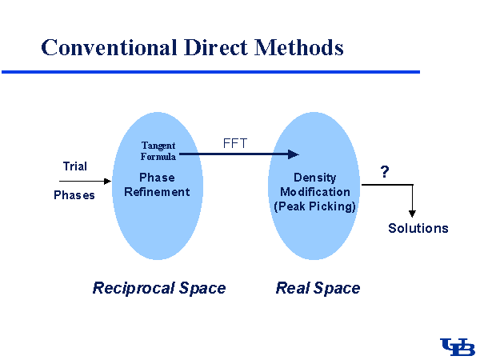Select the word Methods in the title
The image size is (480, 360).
click(x=298, y=47)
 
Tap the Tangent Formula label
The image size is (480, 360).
click(x=158, y=151)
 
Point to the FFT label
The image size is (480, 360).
click(x=235, y=144)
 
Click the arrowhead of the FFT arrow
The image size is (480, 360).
click(x=294, y=154)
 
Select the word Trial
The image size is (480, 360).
click(x=75, y=166)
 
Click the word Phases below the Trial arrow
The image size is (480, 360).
click(x=74, y=195)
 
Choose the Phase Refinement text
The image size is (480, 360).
click(x=157, y=185)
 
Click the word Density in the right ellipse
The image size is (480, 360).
click(x=314, y=178)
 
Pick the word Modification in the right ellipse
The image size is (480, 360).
click(x=314, y=192)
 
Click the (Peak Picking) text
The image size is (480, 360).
click(x=314, y=206)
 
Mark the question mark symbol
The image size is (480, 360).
click(x=385, y=172)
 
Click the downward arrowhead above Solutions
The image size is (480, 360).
click(x=412, y=213)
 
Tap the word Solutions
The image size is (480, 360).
click(x=418, y=229)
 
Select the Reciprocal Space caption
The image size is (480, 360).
click(x=159, y=288)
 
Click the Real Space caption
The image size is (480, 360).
click(x=318, y=288)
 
